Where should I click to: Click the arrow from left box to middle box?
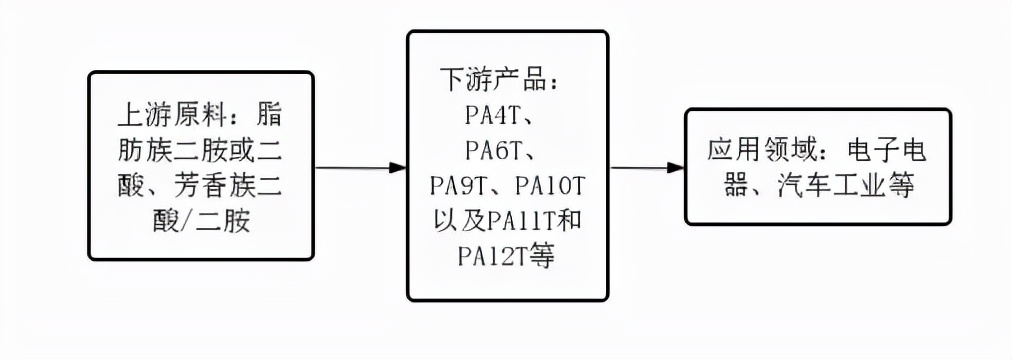click(x=360, y=167)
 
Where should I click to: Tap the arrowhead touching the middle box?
click(x=398, y=167)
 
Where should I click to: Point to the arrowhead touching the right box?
click(x=678, y=167)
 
